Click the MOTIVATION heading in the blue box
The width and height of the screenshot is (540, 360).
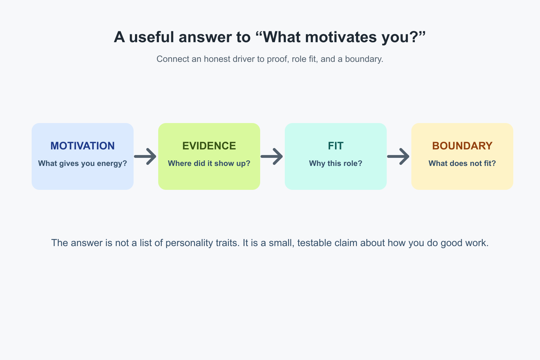click(83, 146)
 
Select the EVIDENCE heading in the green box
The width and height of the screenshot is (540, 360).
click(209, 146)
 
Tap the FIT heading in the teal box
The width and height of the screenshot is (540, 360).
click(336, 146)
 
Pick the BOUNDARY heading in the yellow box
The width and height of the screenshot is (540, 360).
click(462, 146)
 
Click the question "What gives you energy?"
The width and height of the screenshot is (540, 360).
click(83, 163)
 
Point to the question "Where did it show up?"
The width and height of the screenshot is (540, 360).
click(209, 163)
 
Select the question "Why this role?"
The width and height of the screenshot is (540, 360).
click(336, 163)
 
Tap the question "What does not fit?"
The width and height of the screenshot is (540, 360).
click(462, 163)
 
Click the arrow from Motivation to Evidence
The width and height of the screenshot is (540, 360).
click(145, 156)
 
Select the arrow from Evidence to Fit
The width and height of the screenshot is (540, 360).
click(272, 156)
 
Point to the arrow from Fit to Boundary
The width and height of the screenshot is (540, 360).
click(398, 156)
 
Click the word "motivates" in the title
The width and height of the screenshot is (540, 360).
click(341, 37)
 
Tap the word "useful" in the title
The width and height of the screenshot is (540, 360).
click(152, 37)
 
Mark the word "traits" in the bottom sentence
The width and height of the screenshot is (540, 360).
click(227, 243)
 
